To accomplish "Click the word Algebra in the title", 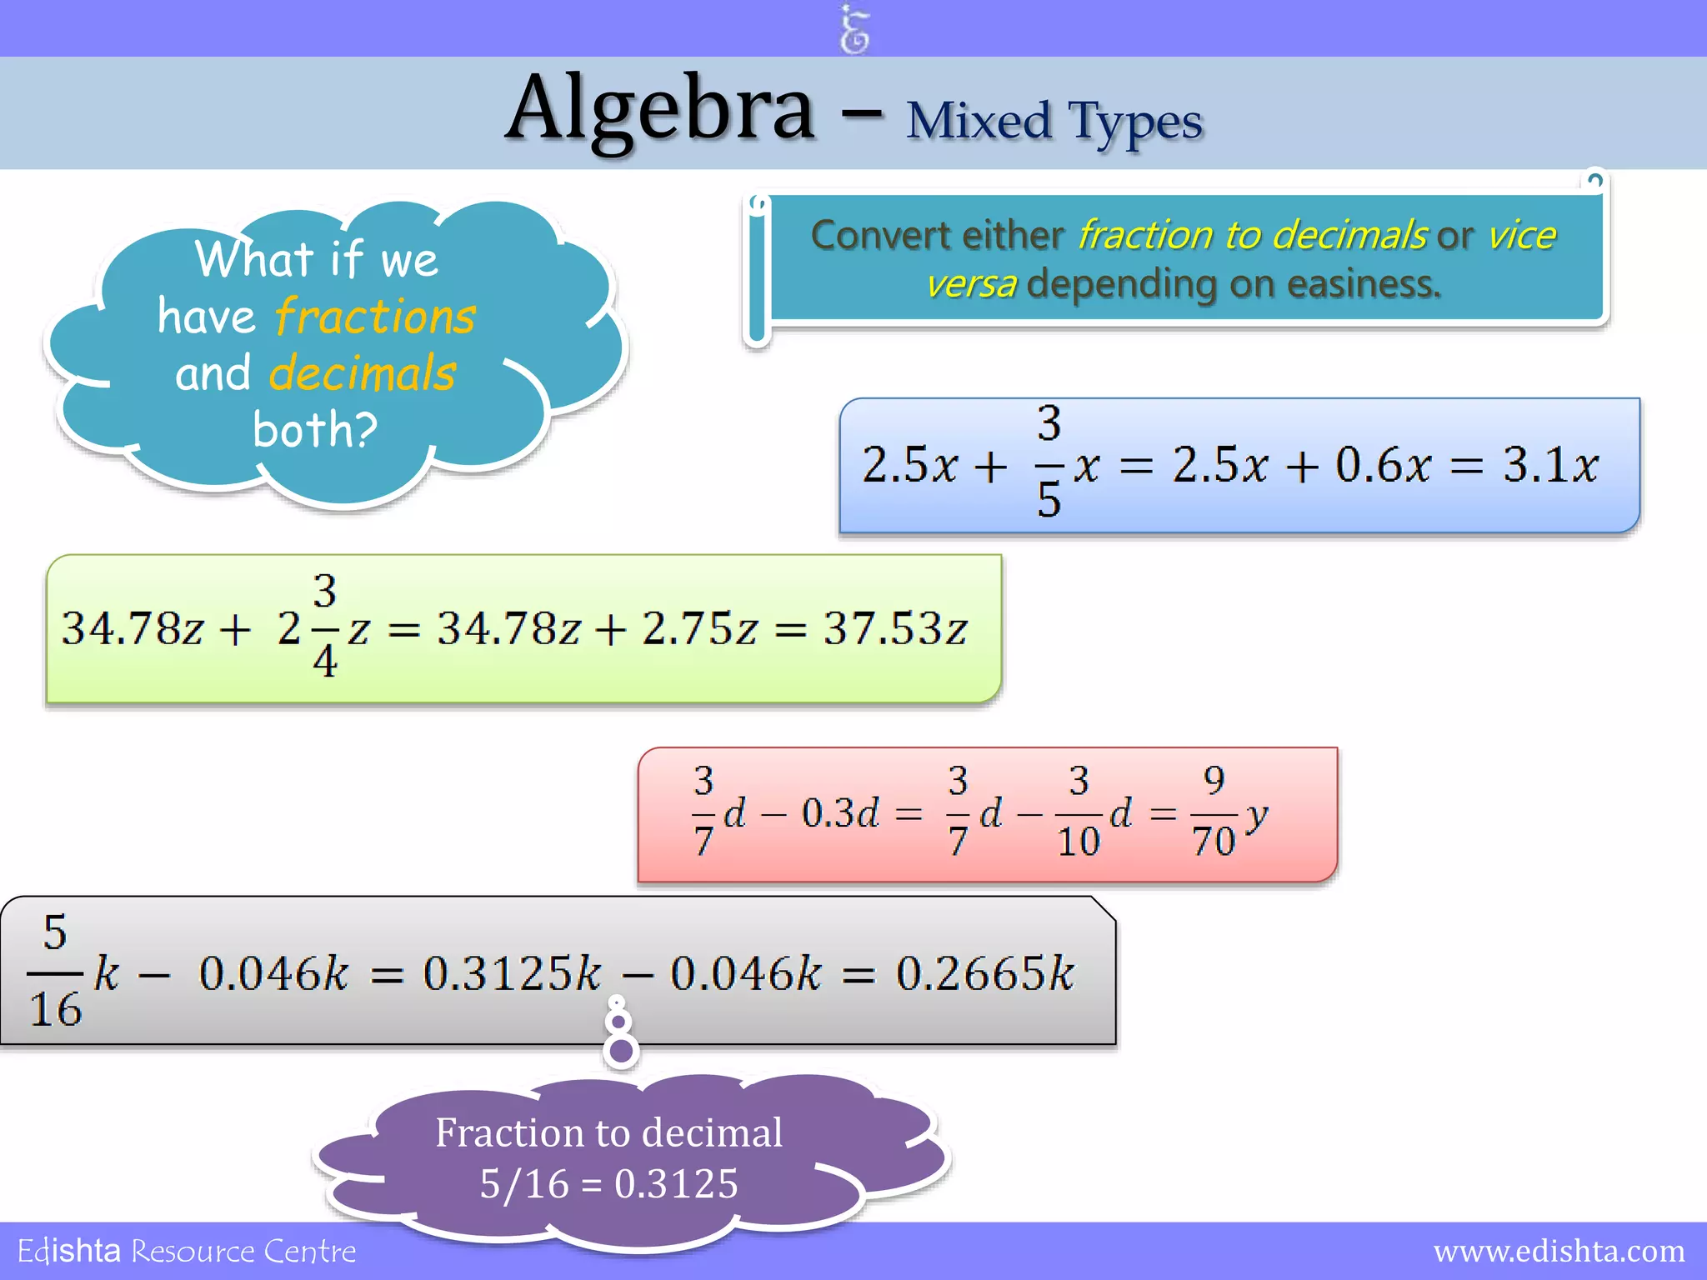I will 660,110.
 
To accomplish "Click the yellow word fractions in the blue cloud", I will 375,317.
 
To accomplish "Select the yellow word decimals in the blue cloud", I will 363,372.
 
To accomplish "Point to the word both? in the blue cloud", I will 315,429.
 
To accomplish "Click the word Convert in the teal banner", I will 883,236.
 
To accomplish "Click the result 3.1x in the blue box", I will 1550,465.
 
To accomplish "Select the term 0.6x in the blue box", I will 1384,465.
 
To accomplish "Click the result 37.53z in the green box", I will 896,628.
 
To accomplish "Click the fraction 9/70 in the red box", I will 1214,812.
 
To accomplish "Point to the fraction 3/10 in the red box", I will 1079,812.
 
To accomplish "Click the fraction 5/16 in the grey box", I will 55,971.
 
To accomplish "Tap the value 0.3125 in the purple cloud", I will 676,1184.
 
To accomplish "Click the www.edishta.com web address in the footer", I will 1559,1252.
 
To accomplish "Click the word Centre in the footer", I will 309,1252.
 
